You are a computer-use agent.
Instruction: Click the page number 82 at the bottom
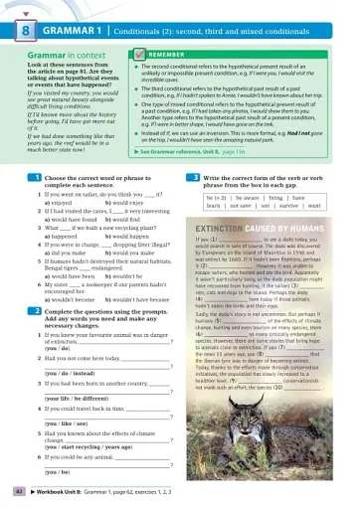(x=18, y=491)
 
